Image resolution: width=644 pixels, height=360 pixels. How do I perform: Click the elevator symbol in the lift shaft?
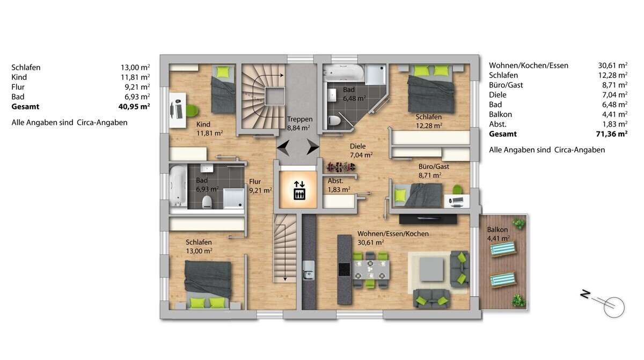299,190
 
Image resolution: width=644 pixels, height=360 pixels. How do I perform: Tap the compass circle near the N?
614,307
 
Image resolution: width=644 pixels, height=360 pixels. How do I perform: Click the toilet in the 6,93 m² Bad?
207,201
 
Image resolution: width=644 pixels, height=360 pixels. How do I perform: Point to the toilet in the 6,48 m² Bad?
334,120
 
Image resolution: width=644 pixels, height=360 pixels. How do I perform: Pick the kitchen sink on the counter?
308,270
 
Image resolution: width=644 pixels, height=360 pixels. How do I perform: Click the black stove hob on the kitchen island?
344,269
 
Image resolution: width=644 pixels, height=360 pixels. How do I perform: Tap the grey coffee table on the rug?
431,269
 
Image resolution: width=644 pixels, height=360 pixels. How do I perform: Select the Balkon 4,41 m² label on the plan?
498,234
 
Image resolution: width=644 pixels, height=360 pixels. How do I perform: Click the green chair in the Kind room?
192,111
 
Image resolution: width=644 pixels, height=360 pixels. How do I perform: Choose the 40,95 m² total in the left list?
134,107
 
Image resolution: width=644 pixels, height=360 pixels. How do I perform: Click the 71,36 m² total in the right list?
611,134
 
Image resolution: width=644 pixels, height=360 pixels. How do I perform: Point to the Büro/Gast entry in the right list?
506,85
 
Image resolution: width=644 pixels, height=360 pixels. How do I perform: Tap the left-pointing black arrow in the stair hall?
283,148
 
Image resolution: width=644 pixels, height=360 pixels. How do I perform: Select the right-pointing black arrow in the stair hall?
313,147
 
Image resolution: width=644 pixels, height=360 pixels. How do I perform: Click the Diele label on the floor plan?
357,146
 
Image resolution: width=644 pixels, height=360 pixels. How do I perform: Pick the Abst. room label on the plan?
335,181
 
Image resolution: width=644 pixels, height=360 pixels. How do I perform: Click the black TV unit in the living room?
428,219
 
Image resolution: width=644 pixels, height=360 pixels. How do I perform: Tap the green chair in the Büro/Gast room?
457,189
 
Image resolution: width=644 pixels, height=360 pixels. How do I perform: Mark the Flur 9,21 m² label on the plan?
260,186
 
